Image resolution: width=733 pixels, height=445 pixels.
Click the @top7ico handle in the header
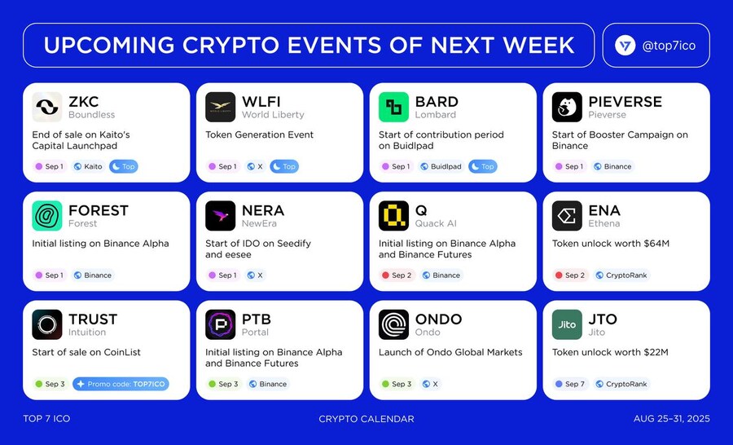click(x=669, y=46)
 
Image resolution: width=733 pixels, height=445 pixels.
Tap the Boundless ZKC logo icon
click(x=47, y=107)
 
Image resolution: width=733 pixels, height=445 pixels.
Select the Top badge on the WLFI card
click(x=283, y=166)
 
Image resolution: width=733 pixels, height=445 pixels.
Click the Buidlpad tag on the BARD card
click(x=441, y=166)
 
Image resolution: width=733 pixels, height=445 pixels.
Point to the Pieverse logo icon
click(x=567, y=107)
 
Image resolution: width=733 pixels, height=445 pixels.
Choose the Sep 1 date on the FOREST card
click(x=50, y=275)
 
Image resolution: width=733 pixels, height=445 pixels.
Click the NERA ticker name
click(x=263, y=210)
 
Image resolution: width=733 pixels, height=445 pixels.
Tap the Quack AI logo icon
click(x=393, y=216)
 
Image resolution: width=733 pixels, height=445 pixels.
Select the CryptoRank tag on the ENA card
click(x=621, y=275)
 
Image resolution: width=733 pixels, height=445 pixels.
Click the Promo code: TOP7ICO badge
click(x=121, y=384)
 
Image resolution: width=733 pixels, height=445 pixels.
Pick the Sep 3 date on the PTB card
click(x=223, y=384)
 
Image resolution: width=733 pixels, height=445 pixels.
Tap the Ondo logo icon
click(x=393, y=324)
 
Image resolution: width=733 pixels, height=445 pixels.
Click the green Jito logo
click(x=567, y=324)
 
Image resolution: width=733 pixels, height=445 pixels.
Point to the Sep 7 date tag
click(x=570, y=384)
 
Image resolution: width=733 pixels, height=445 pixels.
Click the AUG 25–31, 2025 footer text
click(x=671, y=419)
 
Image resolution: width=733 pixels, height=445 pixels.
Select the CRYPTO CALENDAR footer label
click(x=366, y=419)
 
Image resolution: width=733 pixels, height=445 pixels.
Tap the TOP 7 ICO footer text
click(x=46, y=419)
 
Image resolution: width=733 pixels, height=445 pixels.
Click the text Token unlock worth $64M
click(x=611, y=244)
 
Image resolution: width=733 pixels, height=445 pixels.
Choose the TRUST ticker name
click(x=93, y=319)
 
